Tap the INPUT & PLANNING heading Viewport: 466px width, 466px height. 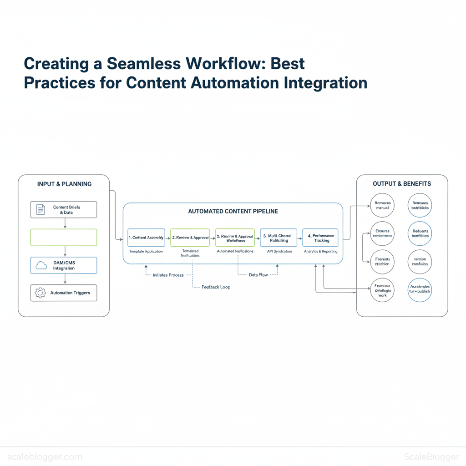(x=64, y=184)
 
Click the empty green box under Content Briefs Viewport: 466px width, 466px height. (x=64, y=237)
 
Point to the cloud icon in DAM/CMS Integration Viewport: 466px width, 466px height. (x=41, y=265)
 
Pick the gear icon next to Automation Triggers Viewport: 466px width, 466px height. (x=41, y=293)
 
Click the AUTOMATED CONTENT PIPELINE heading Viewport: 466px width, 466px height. (x=233, y=211)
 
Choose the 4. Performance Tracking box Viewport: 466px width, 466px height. (x=320, y=238)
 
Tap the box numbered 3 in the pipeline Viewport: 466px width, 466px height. (x=279, y=238)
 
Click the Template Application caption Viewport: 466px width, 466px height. (x=146, y=251)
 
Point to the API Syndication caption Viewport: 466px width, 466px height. (x=279, y=251)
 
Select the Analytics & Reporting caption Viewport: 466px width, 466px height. (x=321, y=251)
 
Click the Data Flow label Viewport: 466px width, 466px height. (x=258, y=275)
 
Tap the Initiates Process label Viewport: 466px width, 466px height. (x=168, y=275)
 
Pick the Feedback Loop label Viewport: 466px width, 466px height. (x=216, y=287)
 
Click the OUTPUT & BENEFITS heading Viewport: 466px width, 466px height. (x=402, y=184)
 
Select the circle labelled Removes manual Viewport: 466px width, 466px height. (x=382, y=206)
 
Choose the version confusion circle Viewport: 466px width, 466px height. (x=420, y=262)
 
